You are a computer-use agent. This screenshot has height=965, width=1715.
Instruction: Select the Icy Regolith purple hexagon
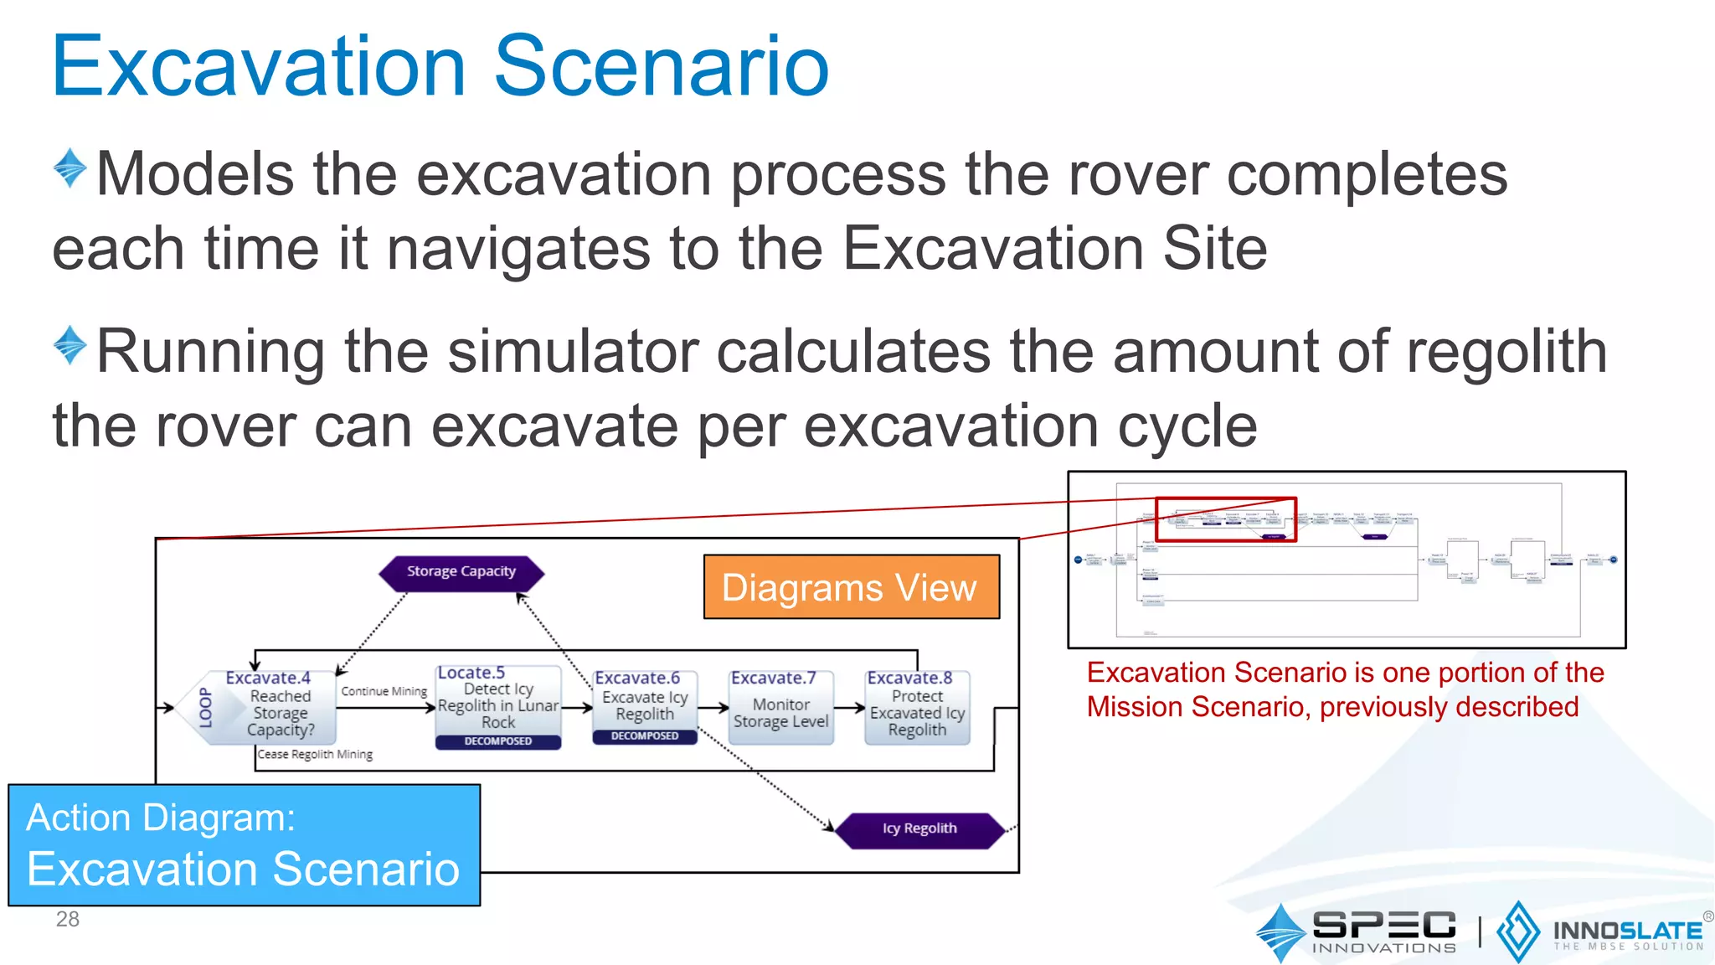coord(919,829)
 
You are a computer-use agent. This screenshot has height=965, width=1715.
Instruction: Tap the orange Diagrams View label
coord(851,587)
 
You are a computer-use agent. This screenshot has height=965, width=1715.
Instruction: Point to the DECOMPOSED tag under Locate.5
coord(498,741)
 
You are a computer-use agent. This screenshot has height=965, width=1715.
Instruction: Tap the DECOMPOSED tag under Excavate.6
coord(645,736)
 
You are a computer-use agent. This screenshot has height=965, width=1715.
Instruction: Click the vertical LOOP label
coord(205,708)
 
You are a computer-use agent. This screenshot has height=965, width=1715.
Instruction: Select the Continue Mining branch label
coord(384,692)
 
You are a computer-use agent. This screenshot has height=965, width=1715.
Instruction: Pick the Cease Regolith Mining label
coord(316,755)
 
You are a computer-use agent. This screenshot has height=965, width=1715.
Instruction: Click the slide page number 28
coord(68,920)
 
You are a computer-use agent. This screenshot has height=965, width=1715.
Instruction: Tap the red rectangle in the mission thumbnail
coord(1225,520)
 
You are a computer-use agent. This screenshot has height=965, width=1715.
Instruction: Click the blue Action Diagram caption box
coord(244,844)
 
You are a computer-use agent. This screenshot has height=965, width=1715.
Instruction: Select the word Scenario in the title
coord(661,67)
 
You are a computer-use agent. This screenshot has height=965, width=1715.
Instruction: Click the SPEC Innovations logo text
coord(1383,930)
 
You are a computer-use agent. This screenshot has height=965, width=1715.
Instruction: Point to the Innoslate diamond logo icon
coord(1517,931)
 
